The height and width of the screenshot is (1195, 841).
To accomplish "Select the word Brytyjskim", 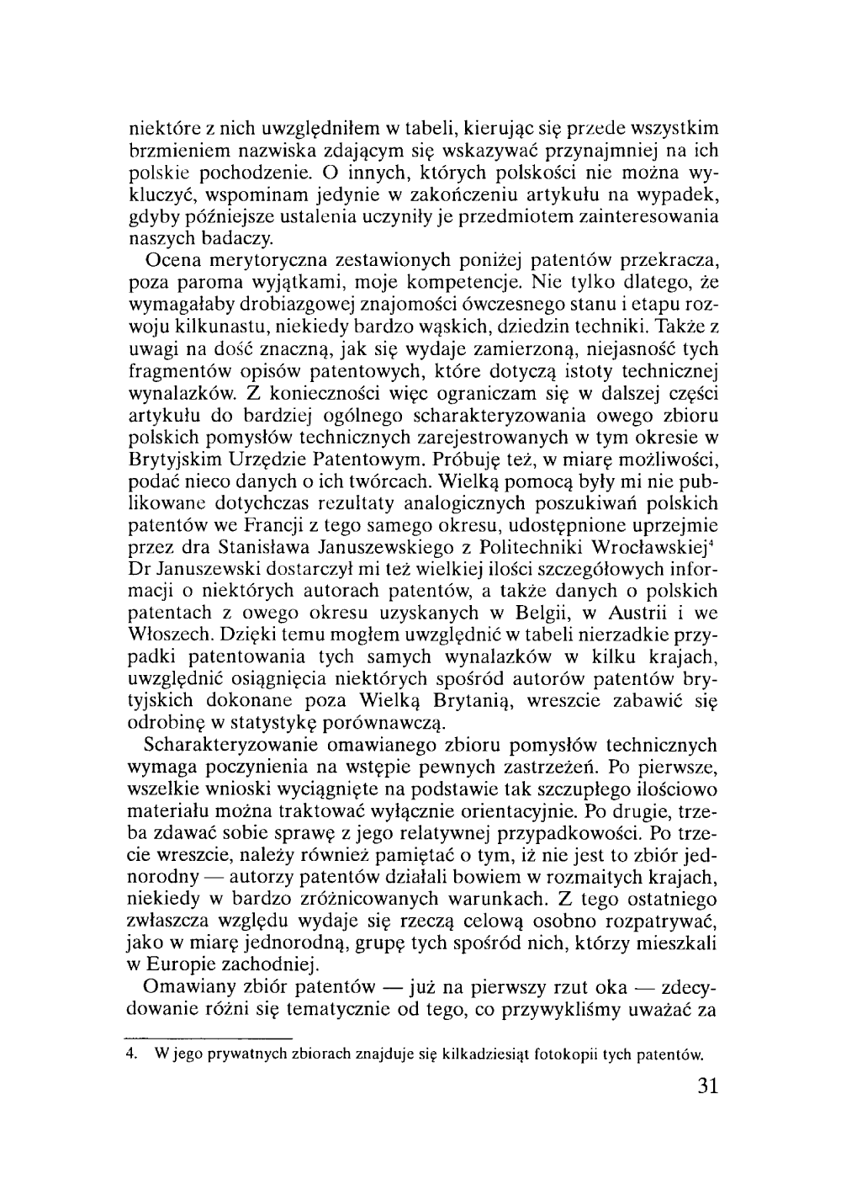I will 176,459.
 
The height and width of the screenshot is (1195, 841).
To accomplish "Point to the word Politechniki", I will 531,547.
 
